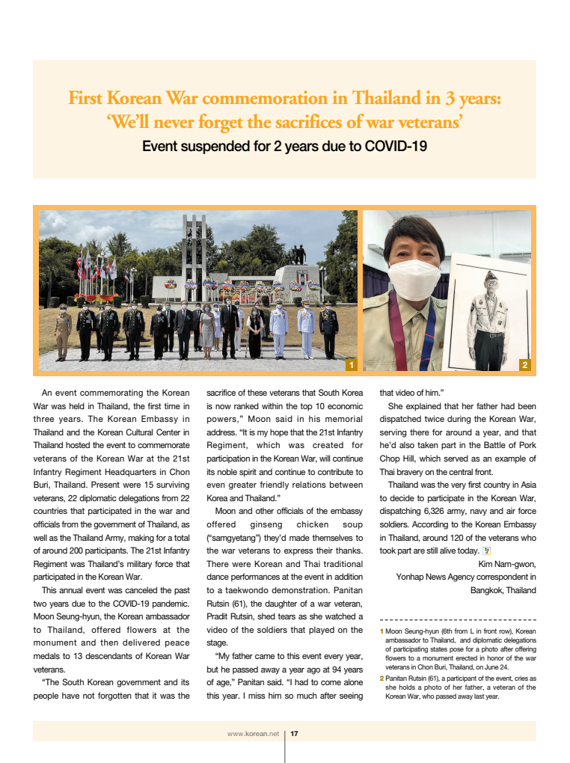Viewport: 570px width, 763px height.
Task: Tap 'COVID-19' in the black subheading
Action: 397,146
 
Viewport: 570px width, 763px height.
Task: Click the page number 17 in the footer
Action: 295,734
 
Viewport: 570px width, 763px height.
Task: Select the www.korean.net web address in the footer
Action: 253,734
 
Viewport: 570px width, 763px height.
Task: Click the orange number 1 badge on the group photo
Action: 350,364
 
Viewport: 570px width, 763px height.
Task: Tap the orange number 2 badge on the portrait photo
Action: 524,364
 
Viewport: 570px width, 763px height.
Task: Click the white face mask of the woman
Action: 414,280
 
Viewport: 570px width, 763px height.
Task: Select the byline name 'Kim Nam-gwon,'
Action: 507,563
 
